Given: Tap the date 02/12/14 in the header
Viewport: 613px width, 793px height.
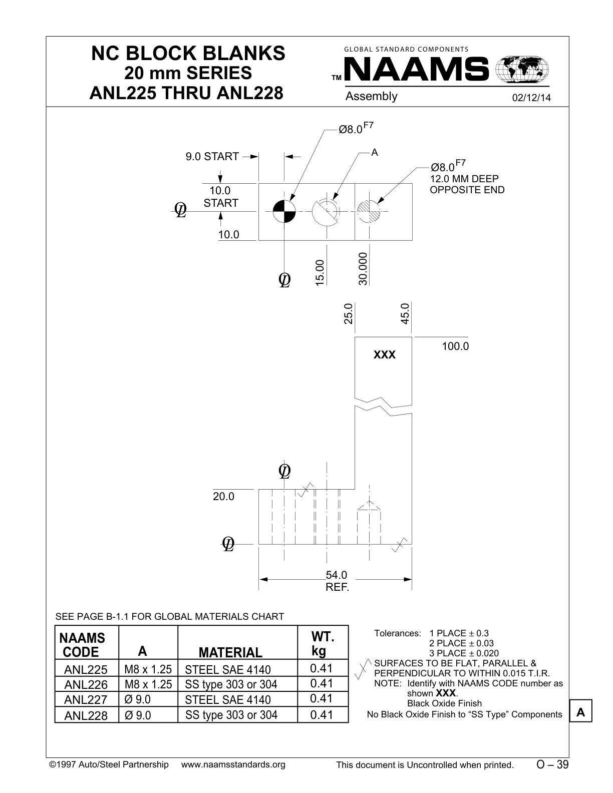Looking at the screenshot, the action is point(531,98).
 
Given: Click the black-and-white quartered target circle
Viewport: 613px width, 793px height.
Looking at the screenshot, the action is point(284,211).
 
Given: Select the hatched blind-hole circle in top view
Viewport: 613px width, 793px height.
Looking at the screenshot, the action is point(369,211).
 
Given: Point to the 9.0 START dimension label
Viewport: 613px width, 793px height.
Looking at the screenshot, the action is point(212,156).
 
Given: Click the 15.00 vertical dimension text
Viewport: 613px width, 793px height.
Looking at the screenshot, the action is point(320,272).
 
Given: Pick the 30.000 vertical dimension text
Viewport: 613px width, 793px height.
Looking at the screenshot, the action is point(363,269).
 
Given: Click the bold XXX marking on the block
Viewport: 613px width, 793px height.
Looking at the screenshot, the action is point(385,354).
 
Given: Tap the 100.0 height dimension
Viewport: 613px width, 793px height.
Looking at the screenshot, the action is point(455,346).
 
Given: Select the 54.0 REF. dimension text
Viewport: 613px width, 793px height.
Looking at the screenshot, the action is point(337,581).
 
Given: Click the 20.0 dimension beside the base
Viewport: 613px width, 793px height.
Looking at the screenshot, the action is point(223,496).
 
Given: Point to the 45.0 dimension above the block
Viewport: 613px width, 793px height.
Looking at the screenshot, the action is point(405,313).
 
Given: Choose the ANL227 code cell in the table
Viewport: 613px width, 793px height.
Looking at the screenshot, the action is point(86,699).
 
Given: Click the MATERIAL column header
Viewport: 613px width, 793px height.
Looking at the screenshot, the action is point(230,652).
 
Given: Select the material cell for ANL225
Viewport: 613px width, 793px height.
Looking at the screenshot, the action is point(227,670).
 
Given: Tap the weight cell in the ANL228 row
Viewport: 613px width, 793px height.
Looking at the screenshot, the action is point(322,714).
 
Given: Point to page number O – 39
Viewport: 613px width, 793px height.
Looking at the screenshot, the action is point(552,764).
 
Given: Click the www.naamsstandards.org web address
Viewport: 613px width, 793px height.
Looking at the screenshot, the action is point(233,764).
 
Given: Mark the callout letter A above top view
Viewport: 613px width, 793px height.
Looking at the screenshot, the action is point(375,152).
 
